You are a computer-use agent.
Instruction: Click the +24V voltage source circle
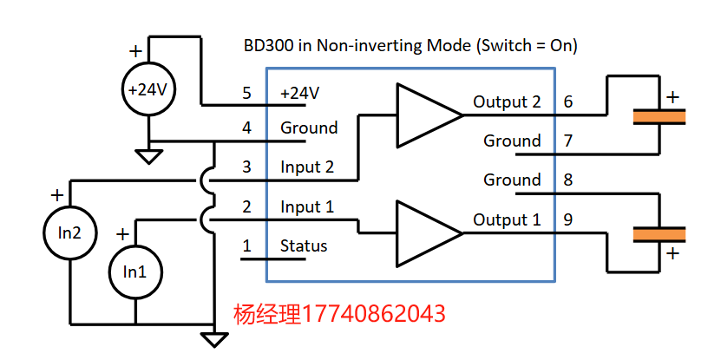[150, 88]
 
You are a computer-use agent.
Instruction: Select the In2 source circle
[70, 232]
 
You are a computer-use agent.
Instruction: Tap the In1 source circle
[134, 271]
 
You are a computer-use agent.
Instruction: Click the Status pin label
[304, 245]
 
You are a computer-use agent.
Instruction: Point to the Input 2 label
[306, 167]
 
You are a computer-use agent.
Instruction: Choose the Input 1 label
[306, 207]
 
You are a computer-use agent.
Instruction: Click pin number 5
[246, 93]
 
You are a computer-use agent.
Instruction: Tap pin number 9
[568, 219]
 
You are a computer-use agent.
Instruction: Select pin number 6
[568, 101]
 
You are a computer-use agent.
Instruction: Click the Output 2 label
[507, 101]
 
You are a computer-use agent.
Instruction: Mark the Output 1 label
[507, 219]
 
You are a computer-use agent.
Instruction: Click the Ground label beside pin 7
[512, 141]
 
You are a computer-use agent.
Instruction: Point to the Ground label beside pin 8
[512, 180]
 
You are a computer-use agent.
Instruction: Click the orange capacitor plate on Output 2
[659, 115]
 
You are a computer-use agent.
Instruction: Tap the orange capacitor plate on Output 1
[659, 232]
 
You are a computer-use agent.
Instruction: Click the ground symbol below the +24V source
[150, 156]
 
